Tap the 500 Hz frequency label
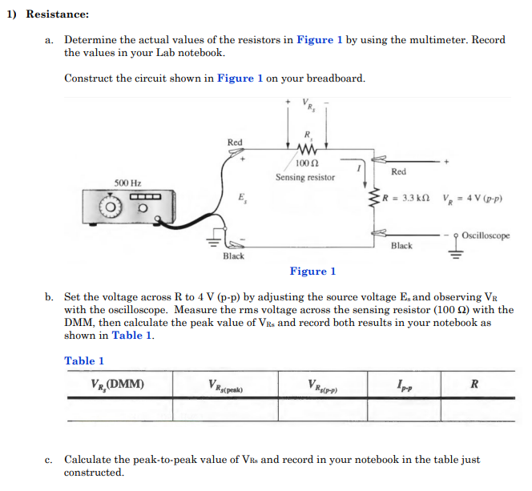click(127, 183)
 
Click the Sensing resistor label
click(305, 177)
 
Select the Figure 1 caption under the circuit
click(312, 272)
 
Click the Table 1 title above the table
click(84, 360)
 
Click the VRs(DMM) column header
click(118, 384)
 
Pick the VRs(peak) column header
click(225, 385)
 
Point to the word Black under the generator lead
click(233, 256)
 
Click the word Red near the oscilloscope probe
click(398, 171)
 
